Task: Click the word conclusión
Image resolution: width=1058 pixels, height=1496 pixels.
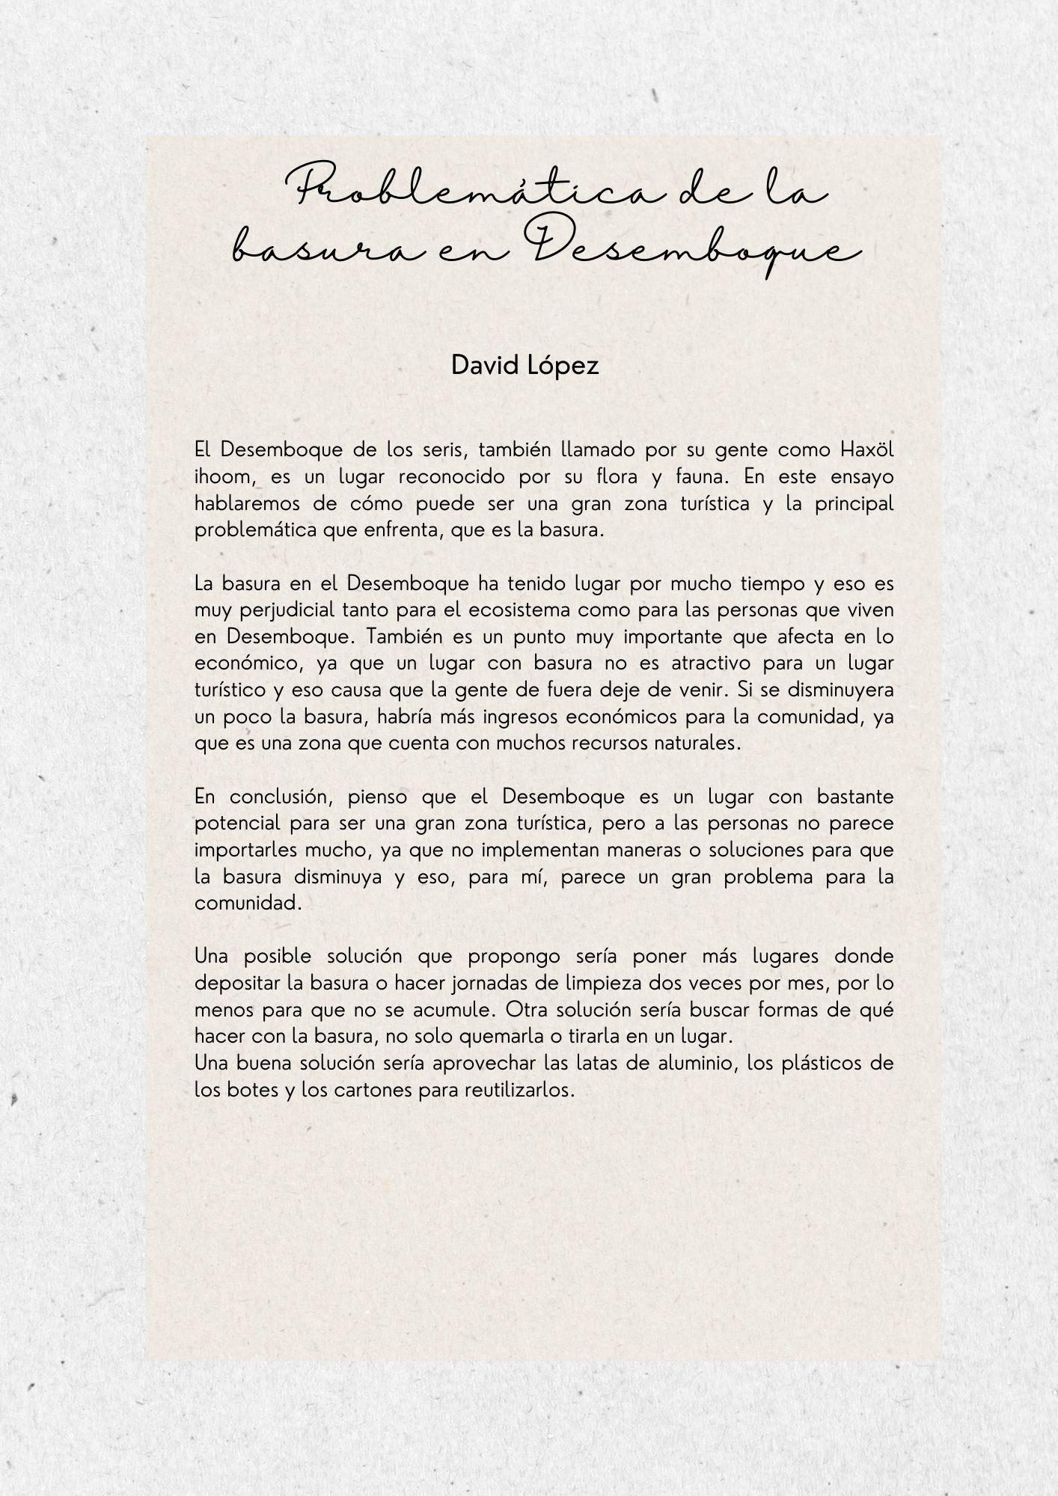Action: (281, 797)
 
